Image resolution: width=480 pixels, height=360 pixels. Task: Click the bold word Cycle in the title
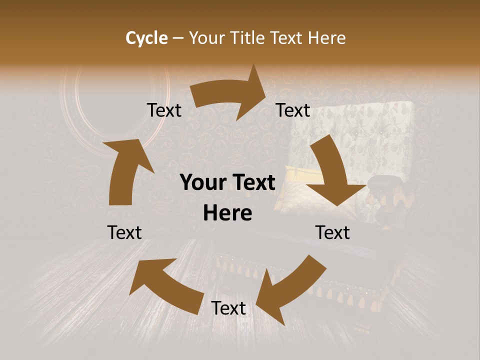click(x=146, y=38)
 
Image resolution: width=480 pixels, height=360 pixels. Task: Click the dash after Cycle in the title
click(x=178, y=38)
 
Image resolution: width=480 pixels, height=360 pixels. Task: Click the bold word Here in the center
click(x=227, y=213)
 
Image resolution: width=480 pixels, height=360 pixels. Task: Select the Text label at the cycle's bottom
click(x=228, y=308)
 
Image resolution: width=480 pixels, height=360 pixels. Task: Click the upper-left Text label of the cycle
click(x=164, y=110)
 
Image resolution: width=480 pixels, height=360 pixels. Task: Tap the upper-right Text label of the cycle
click(x=293, y=110)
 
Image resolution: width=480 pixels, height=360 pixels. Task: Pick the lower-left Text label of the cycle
click(x=124, y=232)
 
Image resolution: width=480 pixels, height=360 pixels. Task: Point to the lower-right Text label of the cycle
click(x=332, y=232)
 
